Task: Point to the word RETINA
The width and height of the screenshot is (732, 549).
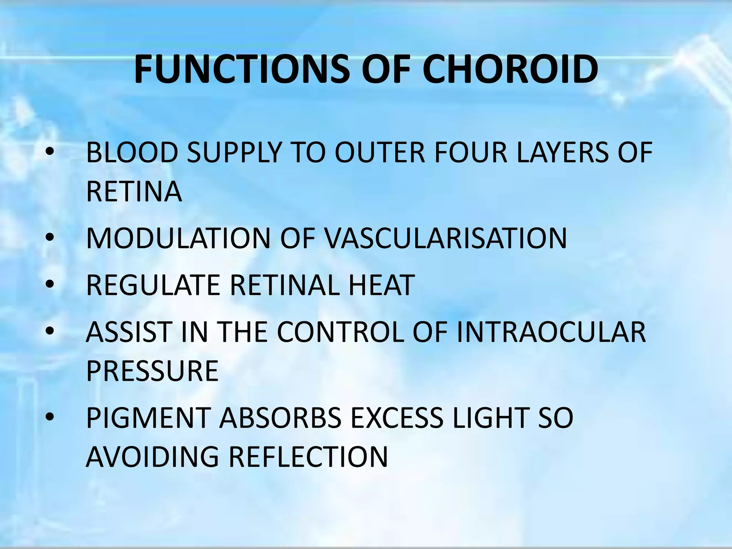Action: (x=134, y=192)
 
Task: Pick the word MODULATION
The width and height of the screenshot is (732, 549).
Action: (x=178, y=238)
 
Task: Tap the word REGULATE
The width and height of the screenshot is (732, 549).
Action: (x=153, y=285)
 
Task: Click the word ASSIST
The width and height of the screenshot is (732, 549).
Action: (x=129, y=332)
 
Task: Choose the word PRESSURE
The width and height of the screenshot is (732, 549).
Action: (x=152, y=371)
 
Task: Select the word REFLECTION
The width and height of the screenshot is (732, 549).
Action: (x=308, y=457)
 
